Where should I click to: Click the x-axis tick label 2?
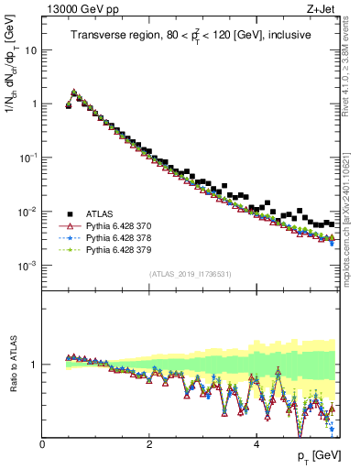(x=148, y=444)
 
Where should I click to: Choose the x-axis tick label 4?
(x=256, y=444)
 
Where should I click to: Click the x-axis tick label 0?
(x=42, y=444)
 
